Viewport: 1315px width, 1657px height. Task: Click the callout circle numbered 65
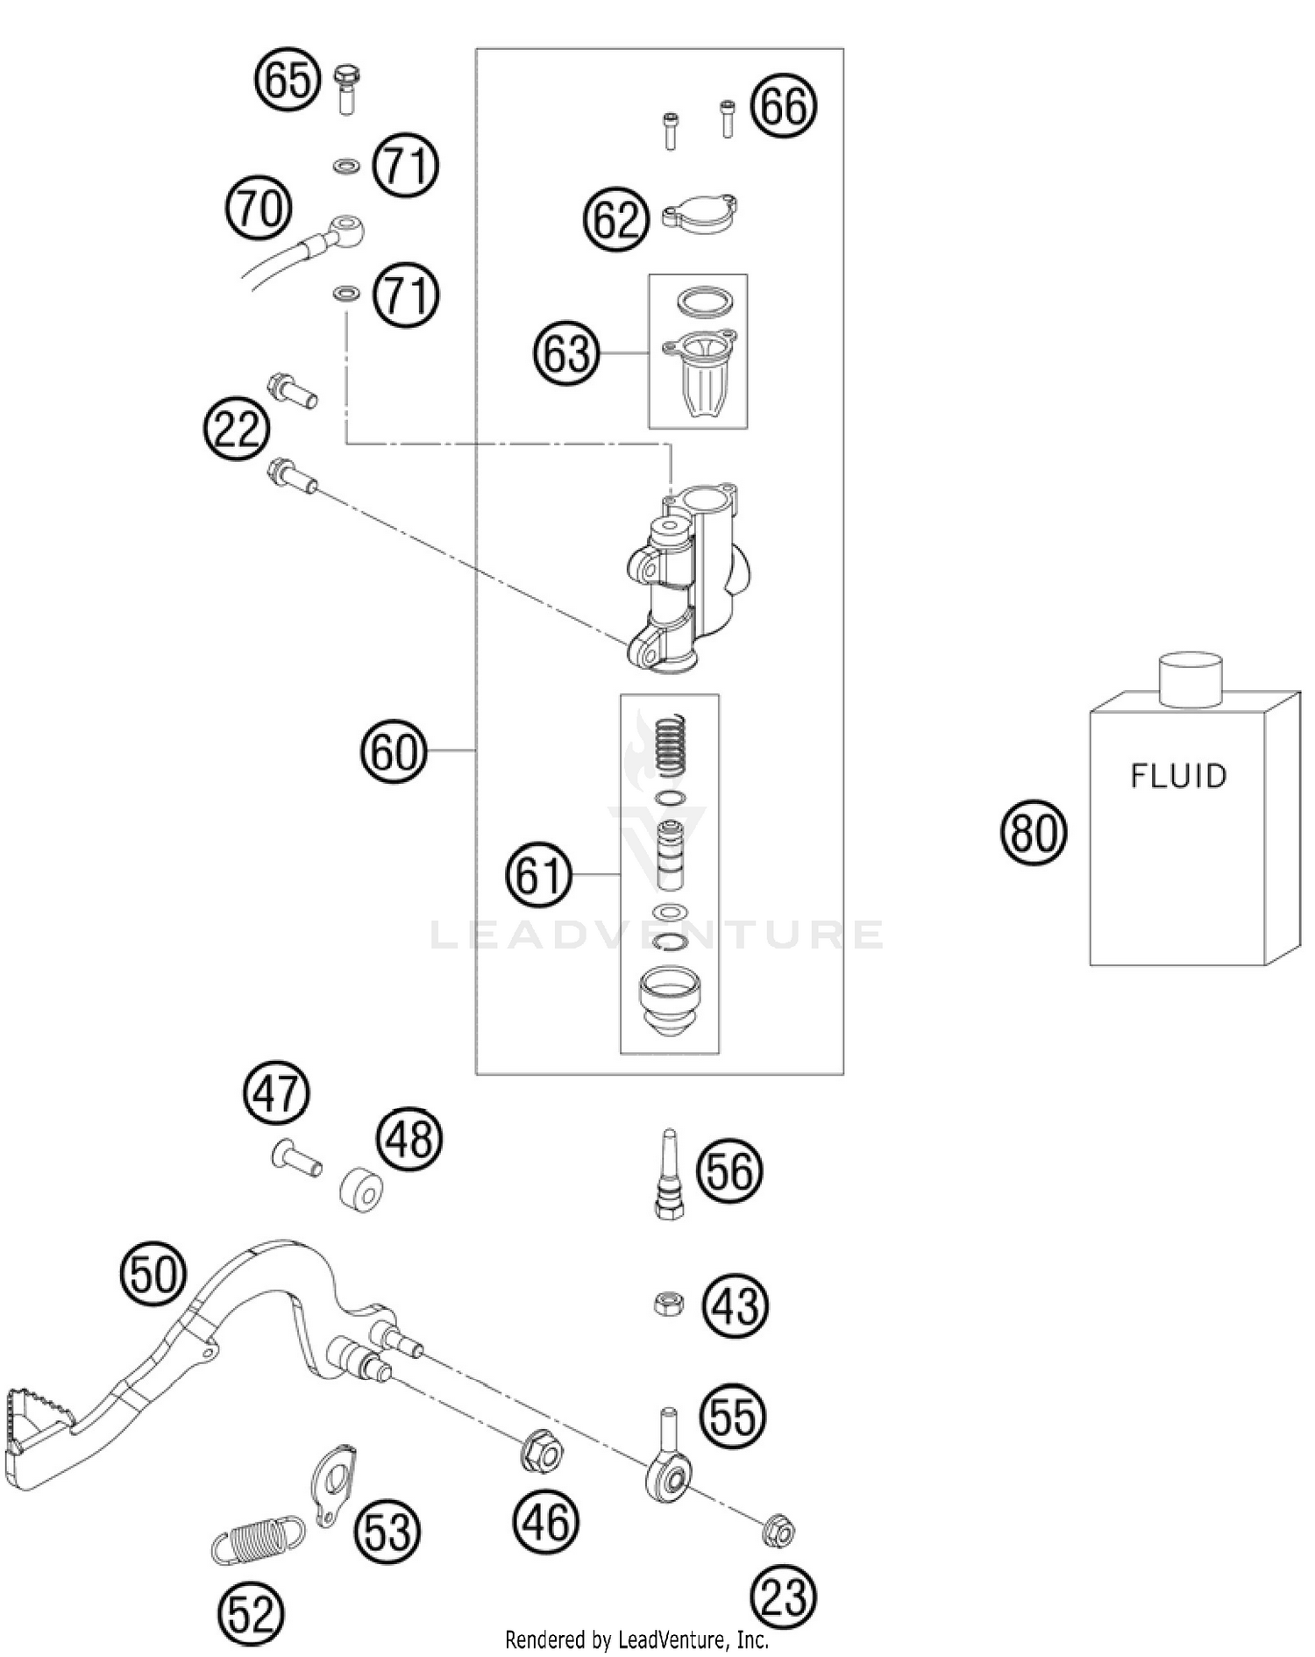click(288, 81)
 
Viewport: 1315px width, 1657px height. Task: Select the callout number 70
click(259, 210)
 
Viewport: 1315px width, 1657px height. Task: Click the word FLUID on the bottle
click(1177, 776)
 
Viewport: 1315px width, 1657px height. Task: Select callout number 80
click(1034, 833)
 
